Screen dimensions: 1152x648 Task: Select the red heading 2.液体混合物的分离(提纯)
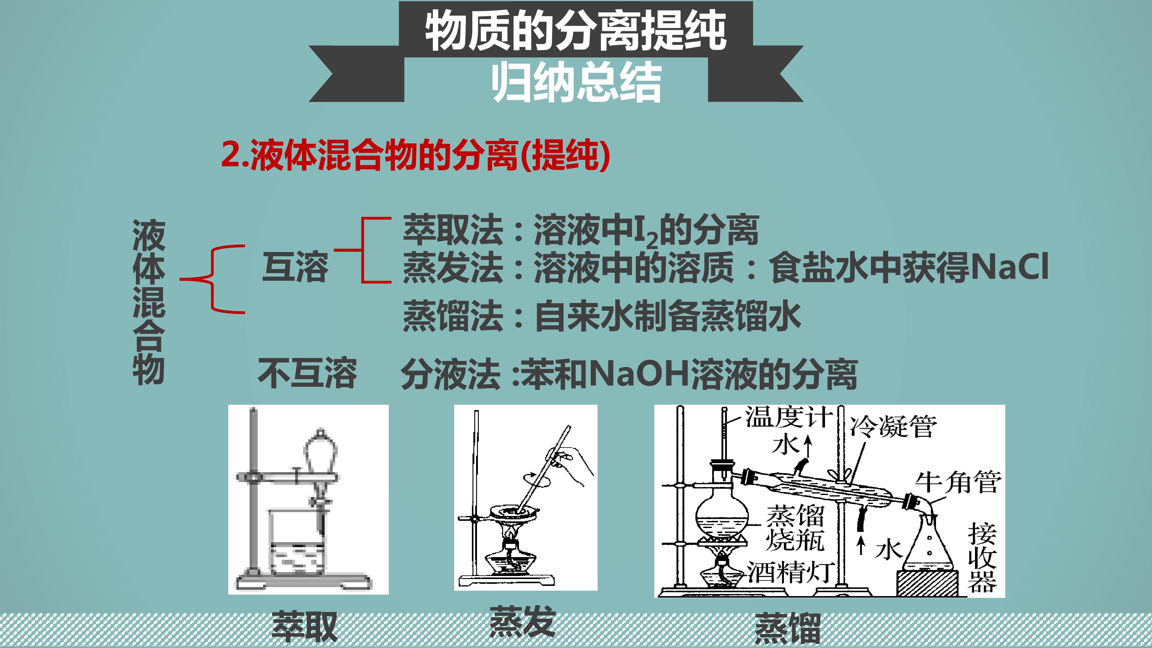(x=416, y=155)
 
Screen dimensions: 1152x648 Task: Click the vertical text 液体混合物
(x=149, y=303)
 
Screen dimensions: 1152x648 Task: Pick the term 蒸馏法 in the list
(x=453, y=316)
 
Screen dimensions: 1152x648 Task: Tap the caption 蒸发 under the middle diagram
(x=522, y=621)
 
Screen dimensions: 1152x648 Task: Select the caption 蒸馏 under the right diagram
(x=787, y=628)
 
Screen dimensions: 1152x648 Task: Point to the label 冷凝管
(x=893, y=426)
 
